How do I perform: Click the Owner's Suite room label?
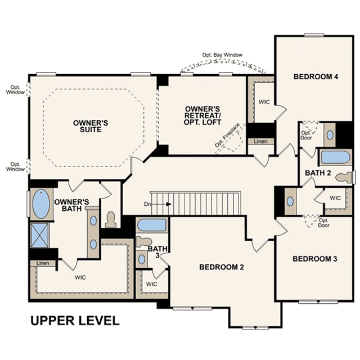point(91,126)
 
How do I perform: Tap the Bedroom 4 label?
point(316,76)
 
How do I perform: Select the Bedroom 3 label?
point(315,259)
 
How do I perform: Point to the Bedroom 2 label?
point(222,267)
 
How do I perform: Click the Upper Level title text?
point(75,321)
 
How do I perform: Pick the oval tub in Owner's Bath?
point(41,204)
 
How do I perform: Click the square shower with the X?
point(40,235)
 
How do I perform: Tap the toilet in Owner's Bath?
point(111,219)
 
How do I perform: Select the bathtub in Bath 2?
point(335,157)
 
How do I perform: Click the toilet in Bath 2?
point(344,178)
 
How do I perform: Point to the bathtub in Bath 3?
point(152,225)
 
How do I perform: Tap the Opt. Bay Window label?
point(222,55)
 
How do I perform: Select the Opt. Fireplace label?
point(227,135)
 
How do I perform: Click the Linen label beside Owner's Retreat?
point(260,141)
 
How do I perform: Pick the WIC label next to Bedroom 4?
point(264,102)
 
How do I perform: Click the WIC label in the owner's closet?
point(80,277)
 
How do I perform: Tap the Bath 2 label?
point(318,173)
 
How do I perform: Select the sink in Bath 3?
point(142,259)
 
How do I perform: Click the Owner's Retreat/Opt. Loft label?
point(202,115)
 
